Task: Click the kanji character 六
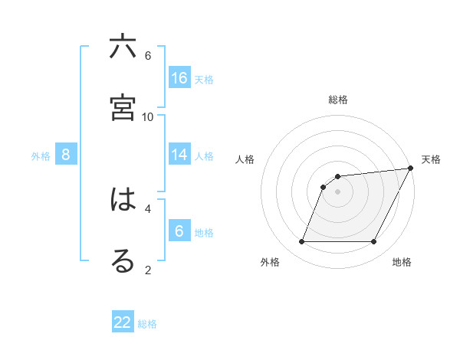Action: tap(123, 47)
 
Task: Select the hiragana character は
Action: tap(123, 201)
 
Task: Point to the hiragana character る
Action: tap(123, 260)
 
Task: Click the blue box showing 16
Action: tap(179, 78)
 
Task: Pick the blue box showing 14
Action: tap(179, 155)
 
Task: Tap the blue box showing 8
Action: tap(66, 155)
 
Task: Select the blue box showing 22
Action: tap(123, 322)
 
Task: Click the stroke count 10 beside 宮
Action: tap(148, 116)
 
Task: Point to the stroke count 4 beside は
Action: tap(148, 208)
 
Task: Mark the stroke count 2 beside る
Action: tap(148, 269)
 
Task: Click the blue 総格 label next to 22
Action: tap(147, 324)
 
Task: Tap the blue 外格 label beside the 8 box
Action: tap(41, 156)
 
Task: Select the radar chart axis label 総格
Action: tap(338, 100)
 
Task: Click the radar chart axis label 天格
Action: tap(431, 159)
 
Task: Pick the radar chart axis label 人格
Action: tap(245, 159)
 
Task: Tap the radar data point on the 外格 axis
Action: tap(301, 242)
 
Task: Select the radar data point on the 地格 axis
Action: tap(374, 242)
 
